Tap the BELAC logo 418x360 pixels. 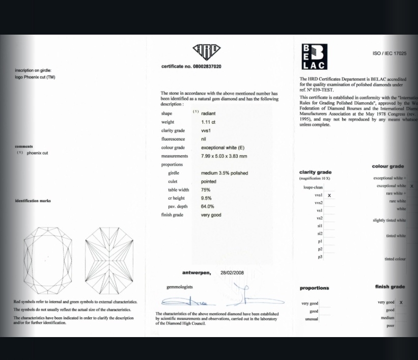(314, 57)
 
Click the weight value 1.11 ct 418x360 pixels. (208, 122)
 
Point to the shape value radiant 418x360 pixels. (208, 114)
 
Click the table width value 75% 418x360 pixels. (206, 190)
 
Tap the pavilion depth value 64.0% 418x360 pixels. (208, 207)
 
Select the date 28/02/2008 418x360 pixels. (232, 273)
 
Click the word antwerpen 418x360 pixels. (197, 273)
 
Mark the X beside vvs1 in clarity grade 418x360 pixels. (329, 196)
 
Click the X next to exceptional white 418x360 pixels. (412, 186)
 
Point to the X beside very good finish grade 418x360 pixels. (401, 302)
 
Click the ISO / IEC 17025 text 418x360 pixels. (389, 53)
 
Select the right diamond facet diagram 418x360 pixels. (109, 260)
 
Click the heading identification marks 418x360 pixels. (33, 201)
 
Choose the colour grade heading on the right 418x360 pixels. (388, 167)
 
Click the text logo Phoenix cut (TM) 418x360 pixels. (35, 77)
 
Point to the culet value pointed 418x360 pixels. (209, 181)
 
